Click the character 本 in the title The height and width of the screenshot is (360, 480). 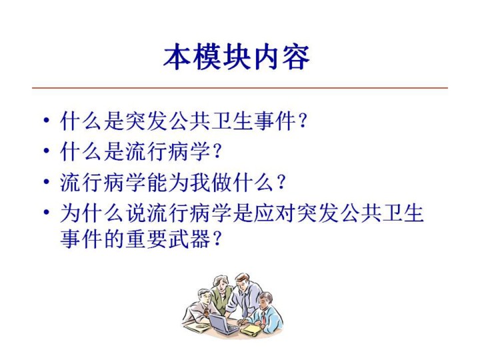(177, 57)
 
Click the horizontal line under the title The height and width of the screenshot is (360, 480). (240, 88)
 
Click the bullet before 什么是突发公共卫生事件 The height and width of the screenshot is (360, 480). (46, 120)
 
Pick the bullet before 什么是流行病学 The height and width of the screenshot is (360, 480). (46, 151)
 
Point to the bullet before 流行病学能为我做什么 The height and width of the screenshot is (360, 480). (46, 182)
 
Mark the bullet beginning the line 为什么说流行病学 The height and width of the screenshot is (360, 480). (46, 213)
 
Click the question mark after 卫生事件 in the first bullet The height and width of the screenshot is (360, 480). (303, 121)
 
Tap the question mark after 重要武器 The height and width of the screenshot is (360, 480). (217, 239)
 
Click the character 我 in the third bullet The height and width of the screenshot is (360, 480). (201, 183)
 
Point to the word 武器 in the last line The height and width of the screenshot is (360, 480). (190, 239)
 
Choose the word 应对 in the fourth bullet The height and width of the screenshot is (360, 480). (275, 213)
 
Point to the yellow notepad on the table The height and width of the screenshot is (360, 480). (251, 330)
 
